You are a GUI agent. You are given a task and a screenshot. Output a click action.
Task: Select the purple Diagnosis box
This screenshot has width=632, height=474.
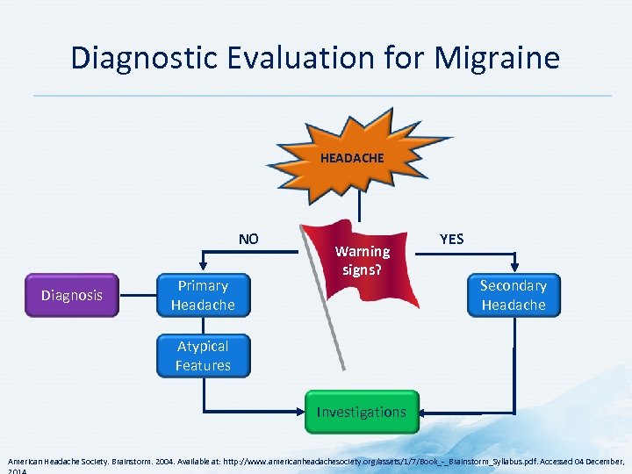pos(72,295)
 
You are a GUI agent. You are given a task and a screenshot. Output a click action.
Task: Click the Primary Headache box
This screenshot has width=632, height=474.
pos(203,295)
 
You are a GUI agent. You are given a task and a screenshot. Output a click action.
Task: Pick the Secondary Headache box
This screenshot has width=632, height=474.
pos(513,295)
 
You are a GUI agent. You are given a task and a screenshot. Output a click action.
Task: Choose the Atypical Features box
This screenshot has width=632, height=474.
pos(203,355)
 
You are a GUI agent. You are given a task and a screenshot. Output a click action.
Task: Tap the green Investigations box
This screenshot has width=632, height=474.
pos(362,412)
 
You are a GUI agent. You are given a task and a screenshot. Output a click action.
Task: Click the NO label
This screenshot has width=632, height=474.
pos(248,239)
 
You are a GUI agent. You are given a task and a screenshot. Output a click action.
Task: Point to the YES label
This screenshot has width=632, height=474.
pos(451,239)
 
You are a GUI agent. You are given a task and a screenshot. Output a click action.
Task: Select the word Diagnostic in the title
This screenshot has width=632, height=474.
pos(142,58)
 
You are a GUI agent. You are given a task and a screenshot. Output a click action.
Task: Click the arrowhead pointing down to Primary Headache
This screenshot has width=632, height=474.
pos(203,269)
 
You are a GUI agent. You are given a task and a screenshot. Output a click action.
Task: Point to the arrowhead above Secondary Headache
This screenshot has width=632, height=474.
pos(513,269)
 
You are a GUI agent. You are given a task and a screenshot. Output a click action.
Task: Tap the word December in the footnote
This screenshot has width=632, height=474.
pos(604,461)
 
